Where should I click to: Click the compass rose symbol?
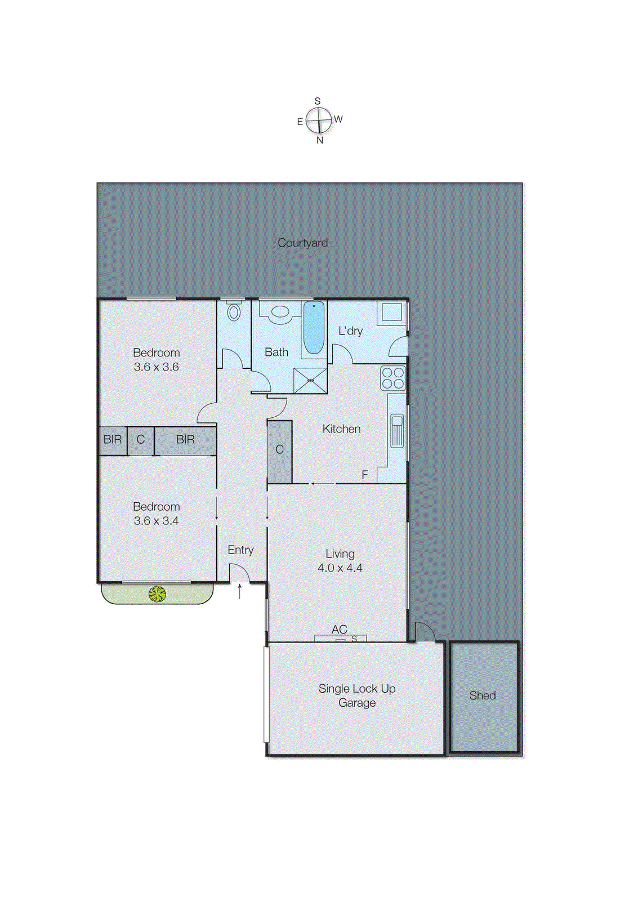(x=319, y=121)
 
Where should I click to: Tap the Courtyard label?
(x=302, y=243)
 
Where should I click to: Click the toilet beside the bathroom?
(x=234, y=312)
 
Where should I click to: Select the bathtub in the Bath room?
(x=314, y=327)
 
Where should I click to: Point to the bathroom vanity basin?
(x=279, y=311)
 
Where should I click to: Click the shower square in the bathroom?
(x=310, y=381)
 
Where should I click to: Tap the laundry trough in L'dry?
(x=392, y=312)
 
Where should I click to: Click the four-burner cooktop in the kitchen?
(x=393, y=378)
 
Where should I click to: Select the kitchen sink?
(x=397, y=430)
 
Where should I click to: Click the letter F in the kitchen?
(x=365, y=475)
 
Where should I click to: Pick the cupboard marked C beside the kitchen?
(x=279, y=450)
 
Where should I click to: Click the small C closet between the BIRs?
(x=141, y=440)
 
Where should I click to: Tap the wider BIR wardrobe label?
(x=185, y=440)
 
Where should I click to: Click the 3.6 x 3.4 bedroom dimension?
(x=156, y=521)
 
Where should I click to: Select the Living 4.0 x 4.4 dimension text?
(x=340, y=568)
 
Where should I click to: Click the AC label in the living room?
(x=339, y=629)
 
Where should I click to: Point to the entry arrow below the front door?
(x=240, y=591)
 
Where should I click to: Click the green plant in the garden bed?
(x=157, y=594)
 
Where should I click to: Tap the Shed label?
(x=483, y=695)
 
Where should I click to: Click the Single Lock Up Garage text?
(x=356, y=695)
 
